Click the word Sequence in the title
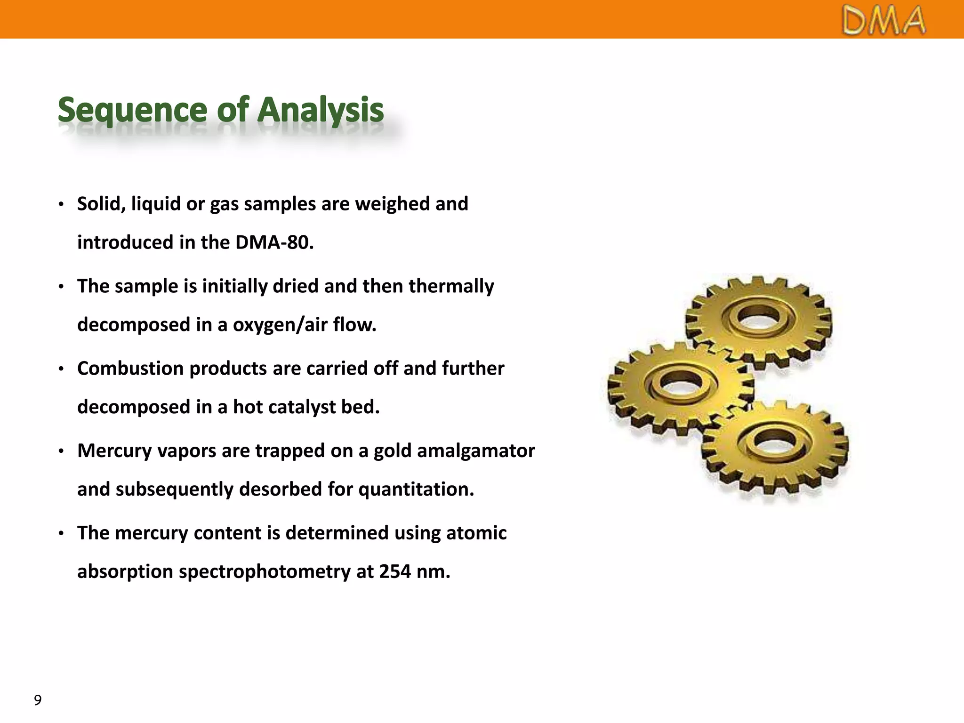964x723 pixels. point(132,110)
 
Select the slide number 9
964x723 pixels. point(38,700)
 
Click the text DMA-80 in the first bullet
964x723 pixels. point(274,242)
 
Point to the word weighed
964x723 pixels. point(392,204)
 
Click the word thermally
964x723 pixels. point(451,286)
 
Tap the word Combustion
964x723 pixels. point(130,369)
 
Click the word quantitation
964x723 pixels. point(416,490)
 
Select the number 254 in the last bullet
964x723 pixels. point(395,572)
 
